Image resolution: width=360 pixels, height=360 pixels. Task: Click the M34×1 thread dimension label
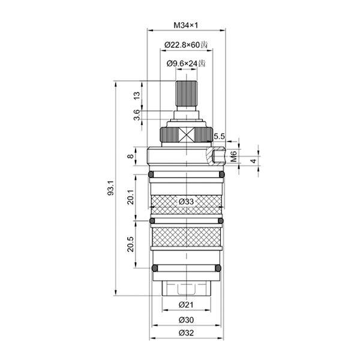click(x=185, y=25)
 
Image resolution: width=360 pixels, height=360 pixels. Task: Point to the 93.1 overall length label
click(x=111, y=188)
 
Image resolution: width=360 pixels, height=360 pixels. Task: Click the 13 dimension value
click(x=137, y=95)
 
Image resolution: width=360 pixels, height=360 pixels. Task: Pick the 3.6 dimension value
click(x=137, y=115)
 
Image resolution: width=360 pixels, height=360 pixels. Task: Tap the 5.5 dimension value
click(x=219, y=136)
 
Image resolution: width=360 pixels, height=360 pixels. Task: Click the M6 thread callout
click(x=233, y=156)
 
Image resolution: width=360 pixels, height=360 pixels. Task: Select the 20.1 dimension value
click(x=131, y=197)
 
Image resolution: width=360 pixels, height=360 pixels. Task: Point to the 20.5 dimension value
click(x=131, y=244)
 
